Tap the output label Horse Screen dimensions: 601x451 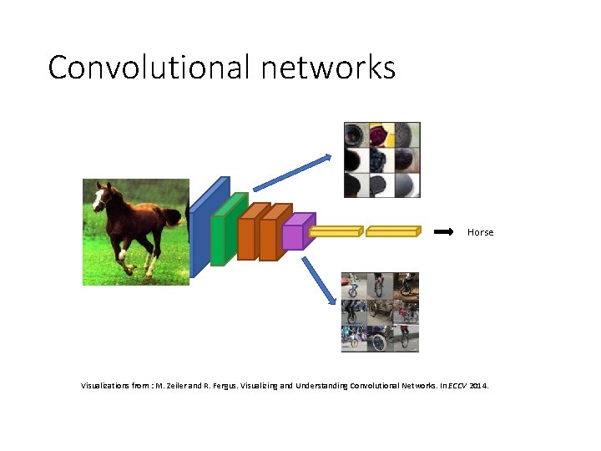(x=480, y=232)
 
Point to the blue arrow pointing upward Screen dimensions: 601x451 (x=291, y=171)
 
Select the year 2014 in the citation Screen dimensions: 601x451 (x=479, y=387)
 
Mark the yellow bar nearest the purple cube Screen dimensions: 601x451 (x=335, y=232)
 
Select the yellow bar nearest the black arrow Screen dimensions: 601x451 (x=392, y=232)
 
